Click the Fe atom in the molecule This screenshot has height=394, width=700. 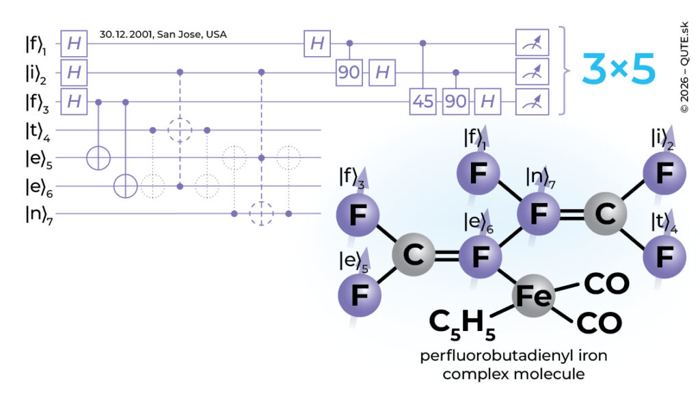coord(533,295)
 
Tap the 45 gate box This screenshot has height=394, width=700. coord(422,101)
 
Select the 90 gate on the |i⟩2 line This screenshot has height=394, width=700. coord(349,73)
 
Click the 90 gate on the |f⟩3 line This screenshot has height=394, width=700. coord(455,101)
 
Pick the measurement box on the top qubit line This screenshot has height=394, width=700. coord(532,43)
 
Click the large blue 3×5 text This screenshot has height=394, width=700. coord(619,69)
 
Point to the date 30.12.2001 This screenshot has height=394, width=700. coord(125,34)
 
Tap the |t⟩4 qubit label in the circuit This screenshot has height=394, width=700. coord(38,131)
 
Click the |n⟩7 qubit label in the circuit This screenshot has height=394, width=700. coord(39,215)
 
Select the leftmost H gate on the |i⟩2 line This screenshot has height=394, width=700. coord(74,73)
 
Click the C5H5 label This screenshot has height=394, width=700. coord(462,324)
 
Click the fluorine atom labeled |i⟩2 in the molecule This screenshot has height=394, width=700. coord(664,173)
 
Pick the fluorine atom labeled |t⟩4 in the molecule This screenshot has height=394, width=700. coord(664,257)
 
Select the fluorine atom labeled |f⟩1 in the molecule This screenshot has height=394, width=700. coord(478,173)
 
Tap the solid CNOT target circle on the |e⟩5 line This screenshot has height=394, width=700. coord(98,158)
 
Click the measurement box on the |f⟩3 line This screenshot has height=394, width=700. coord(532,101)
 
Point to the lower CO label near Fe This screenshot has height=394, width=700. coord(599,324)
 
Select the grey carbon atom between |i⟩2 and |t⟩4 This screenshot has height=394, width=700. coord(606,214)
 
